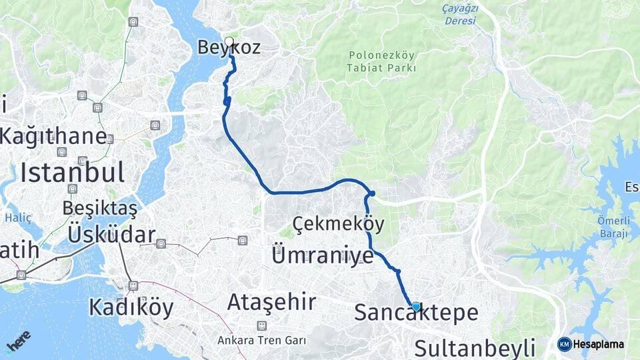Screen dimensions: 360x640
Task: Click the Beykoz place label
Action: (x=229, y=47)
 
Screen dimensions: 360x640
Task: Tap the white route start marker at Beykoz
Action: (x=229, y=41)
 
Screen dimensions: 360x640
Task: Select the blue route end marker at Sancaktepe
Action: (x=416, y=307)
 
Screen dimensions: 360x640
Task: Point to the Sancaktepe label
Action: (x=416, y=313)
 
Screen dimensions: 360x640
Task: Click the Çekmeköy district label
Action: (x=338, y=223)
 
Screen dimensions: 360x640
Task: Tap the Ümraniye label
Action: (x=323, y=255)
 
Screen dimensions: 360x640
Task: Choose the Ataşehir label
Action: (x=271, y=302)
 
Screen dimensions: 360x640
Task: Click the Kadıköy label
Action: (x=131, y=307)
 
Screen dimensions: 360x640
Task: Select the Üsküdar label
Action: (x=111, y=235)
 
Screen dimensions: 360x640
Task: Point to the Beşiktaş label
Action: (x=100, y=208)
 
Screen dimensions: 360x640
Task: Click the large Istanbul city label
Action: (x=72, y=173)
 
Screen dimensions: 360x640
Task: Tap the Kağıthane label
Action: (x=53, y=137)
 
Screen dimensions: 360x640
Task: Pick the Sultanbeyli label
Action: (x=475, y=347)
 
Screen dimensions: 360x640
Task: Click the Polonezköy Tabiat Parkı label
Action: (x=381, y=62)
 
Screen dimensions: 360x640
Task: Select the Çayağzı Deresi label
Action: (x=460, y=15)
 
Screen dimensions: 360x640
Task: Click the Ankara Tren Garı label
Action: (x=262, y=340)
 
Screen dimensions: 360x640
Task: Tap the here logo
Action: (x=19, y=342)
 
